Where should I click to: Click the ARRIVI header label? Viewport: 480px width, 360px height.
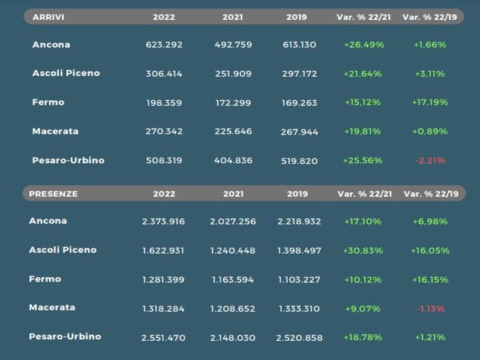coord(48,17)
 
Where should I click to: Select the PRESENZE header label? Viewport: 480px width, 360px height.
coord(53,194)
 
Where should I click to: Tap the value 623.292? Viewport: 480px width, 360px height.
coord(164,45)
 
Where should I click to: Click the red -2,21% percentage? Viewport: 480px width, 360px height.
coord(430,161)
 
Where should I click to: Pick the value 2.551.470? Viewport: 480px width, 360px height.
coord(163,338)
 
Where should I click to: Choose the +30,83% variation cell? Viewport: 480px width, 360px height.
coord(363,250)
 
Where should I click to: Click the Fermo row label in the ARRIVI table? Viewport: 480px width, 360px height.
coord(48,102)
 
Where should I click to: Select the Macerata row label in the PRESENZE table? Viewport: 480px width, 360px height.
coord(52,307)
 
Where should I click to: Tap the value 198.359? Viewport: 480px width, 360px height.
coord(164,103)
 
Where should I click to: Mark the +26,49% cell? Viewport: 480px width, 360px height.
coord(364,45)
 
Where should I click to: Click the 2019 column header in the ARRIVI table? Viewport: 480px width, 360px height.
coord(296,17)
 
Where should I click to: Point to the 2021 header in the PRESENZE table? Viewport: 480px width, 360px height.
coord(233,194)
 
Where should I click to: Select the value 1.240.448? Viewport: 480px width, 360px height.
coord(233,250)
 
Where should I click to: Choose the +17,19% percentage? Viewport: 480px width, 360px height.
coord(430,103)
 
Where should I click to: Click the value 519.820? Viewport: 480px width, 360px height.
coord(299,161)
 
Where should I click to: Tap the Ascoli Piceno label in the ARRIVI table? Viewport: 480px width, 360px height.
coord(66,73)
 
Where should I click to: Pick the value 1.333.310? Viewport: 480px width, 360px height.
coord(299,308)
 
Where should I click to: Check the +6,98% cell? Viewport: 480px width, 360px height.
coord(430,221)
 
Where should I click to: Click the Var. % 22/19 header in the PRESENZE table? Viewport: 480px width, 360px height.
coord(431,194)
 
